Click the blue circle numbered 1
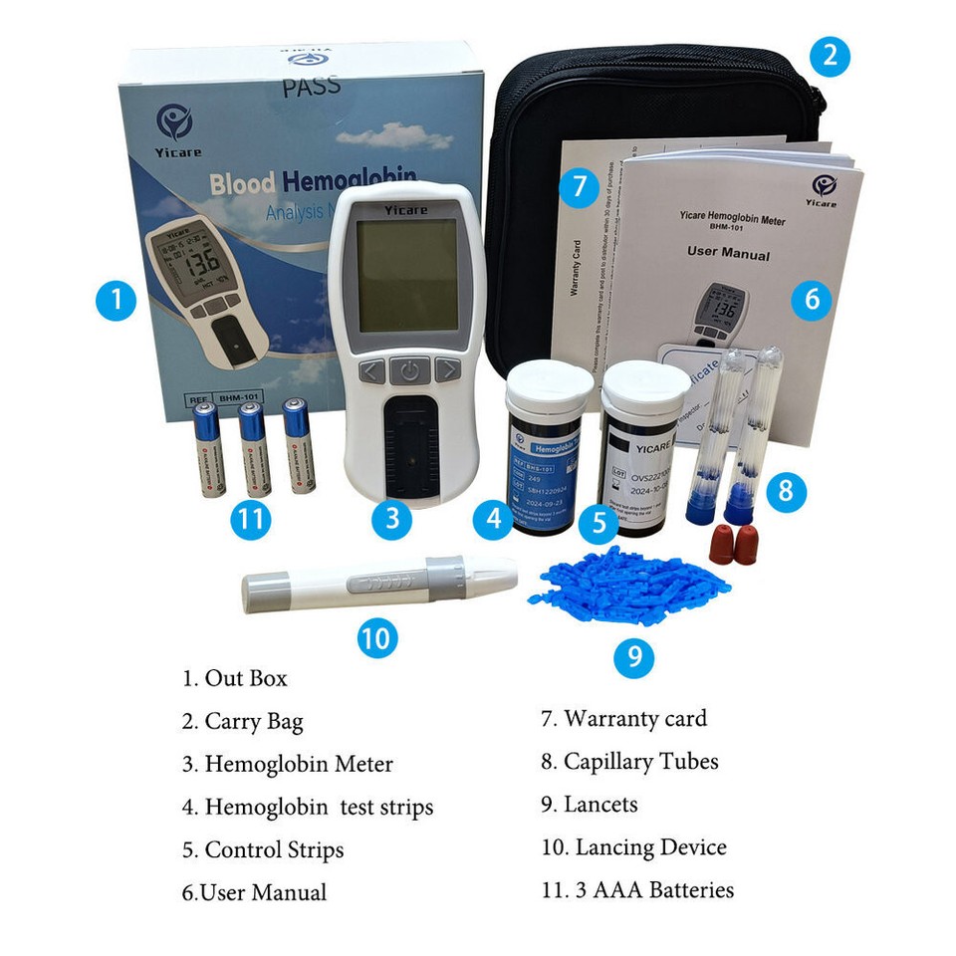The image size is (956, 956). pyautogui.click(x=117, y=300)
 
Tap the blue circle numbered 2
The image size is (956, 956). pyautogui.click(x=830, y=56)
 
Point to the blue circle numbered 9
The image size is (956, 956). pyautogui.click(x=633, y=657)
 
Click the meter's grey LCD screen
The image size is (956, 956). pyautogui.click(x=407, y=276)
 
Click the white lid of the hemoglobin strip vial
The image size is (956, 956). pyautogui.click(x=550, y=383)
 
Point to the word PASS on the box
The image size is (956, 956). pyautogui.click(x=311, y=86)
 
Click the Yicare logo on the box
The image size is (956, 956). pyautogui.click(x=175, y=124)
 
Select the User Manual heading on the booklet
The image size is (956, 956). pyautogui.click(x=728, y=253)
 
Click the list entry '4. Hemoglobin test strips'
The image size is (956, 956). pyautogui.click(x=308, y=807)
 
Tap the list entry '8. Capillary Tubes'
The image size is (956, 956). pyautogui.click(x=629, y=762)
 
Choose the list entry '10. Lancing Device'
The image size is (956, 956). pyautogui.click(x=633, y=847)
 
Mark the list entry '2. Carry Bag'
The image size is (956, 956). pyautogui.click(x=242, y=721)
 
